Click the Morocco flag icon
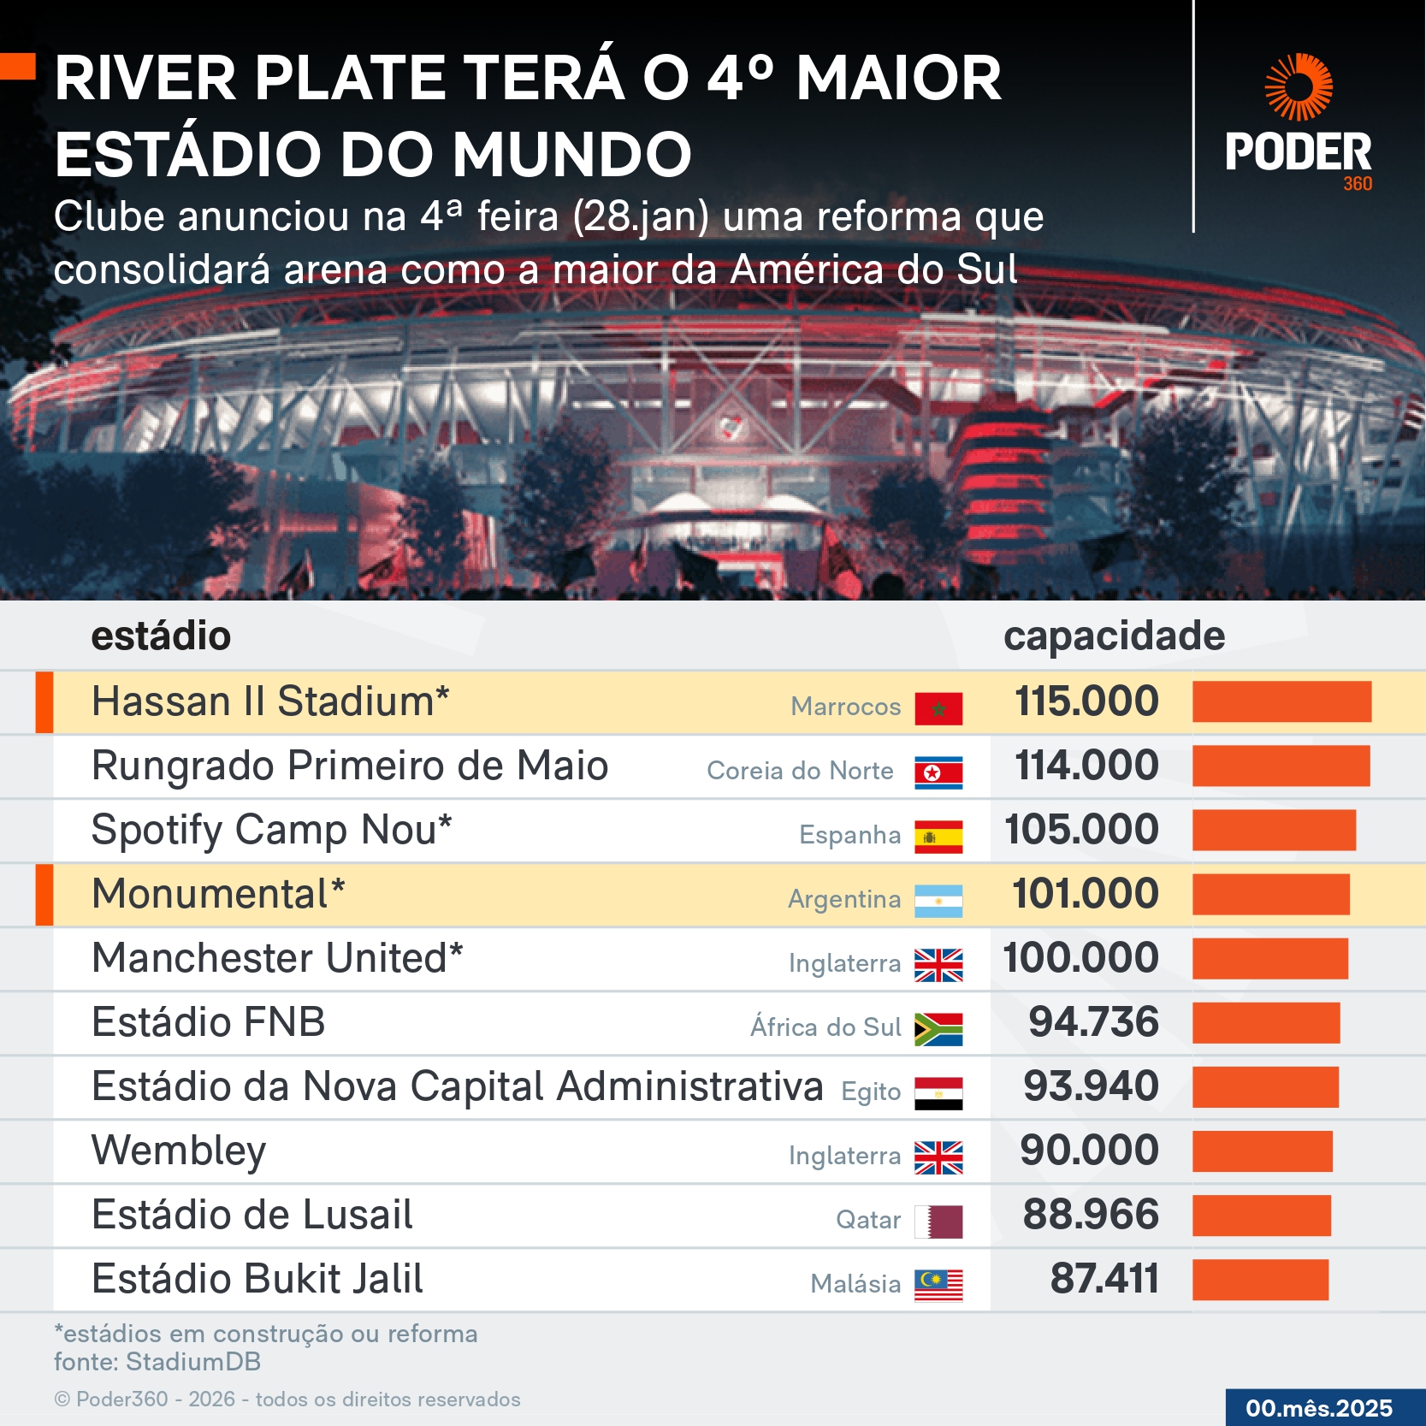coord(938,708)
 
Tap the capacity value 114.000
coord(1086,766)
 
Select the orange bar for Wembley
coord(1262,1151)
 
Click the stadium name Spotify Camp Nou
coord(271,830)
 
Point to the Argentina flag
coord(938,901)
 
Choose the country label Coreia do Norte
coord(800,771)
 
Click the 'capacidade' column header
coord(1114,636)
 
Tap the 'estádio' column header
coord(161,636)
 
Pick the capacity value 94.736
coord(1093,1022)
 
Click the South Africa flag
coord(938,1029)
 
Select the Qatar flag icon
coord(938,1222)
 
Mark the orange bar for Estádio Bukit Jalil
coord(1260,1280)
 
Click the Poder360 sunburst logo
coord(1299,87)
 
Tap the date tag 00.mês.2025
coord(1319,1408)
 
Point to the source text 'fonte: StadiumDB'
coord(157,1362)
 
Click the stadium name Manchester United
coord(277,958)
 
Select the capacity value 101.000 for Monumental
coord(1086,894)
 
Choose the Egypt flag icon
coord(938,1093)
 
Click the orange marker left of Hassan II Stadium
coord(44,702)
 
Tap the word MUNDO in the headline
coord(571,155)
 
